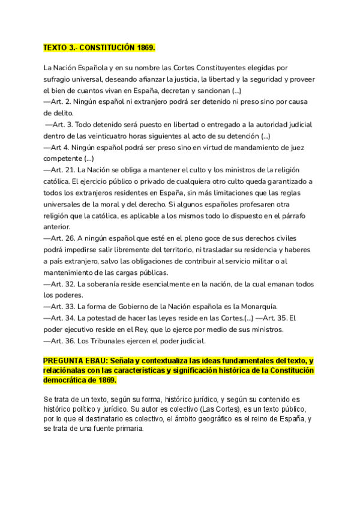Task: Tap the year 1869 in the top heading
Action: coord(144,47)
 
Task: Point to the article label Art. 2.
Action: coord(62,101)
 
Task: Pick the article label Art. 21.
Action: coord(64,170)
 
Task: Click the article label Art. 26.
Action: coord(64,238)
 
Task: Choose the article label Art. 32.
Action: coord(64,284)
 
